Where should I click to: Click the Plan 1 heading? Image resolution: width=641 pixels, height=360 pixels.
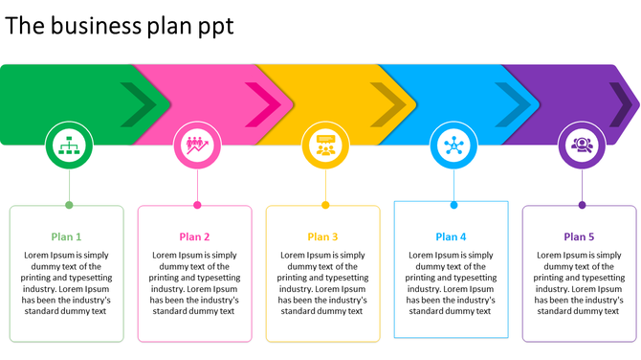[67, 236]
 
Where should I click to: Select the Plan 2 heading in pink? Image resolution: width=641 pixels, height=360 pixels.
[194, 236]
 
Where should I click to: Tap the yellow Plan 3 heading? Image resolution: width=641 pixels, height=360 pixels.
[322, 236]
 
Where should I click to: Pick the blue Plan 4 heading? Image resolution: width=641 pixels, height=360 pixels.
[451, 236]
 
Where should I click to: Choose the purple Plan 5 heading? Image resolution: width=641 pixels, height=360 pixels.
[579, 236]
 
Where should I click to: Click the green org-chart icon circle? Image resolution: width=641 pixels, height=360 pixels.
[69, 146]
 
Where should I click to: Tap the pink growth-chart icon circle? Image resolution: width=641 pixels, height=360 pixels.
[197, 146]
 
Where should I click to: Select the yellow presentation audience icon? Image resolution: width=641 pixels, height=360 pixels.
[325, 146]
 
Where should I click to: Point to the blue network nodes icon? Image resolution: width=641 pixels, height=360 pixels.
[453, 146]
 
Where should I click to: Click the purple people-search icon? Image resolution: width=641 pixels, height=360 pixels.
[582, 146]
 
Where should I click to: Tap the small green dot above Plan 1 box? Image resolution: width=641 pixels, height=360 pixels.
[69, 205]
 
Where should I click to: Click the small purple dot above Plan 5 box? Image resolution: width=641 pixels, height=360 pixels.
[582, 205]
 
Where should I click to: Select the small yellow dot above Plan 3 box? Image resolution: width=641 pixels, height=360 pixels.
[325, 205]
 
